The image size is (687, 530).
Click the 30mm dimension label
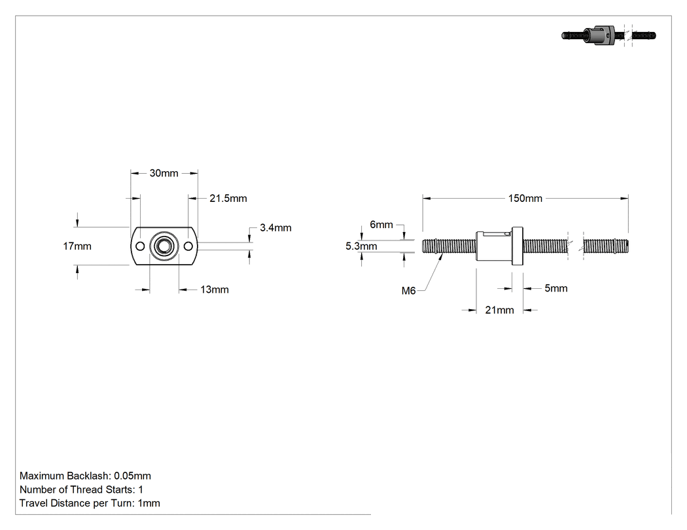point(164,173)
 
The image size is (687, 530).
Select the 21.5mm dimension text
point(228,199)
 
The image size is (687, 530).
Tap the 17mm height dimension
point(77,246)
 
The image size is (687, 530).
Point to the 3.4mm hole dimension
point(275,228)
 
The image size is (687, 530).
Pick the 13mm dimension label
point(215,290)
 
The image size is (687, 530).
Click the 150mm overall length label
point(525,199)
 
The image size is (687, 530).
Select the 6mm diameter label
point(381,225)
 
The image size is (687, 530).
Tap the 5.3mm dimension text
point(361,246)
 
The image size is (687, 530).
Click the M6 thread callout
point(409,291)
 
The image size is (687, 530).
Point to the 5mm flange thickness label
point(556,288)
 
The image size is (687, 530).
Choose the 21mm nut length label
point(499,310)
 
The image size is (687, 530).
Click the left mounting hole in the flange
point(140,246)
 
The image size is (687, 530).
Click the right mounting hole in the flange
point(188,246)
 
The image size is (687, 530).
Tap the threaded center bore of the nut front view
point(164,246)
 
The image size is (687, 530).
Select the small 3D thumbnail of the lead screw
point(608,35)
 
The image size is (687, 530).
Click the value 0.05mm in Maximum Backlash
point(132,476)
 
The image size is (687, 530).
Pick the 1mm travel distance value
point(149,503)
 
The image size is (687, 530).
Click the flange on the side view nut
point(518,246)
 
